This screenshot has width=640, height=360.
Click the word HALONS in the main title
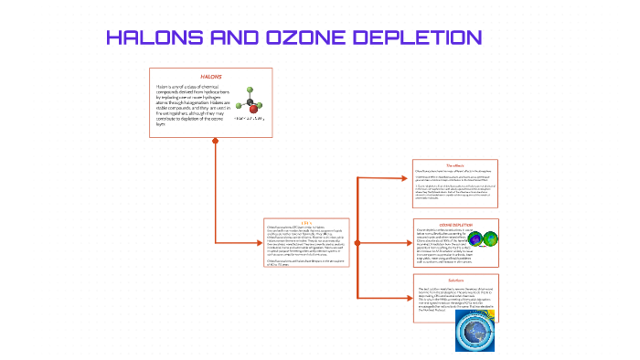pyautogui.click(x=154, y=37)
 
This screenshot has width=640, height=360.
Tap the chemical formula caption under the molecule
pyautogui.click(x=249, y=119)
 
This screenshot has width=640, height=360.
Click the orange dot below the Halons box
pyautogui.click(x=216, y=141)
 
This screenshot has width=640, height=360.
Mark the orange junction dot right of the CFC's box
pyautogui.click(x=356, y=243)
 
